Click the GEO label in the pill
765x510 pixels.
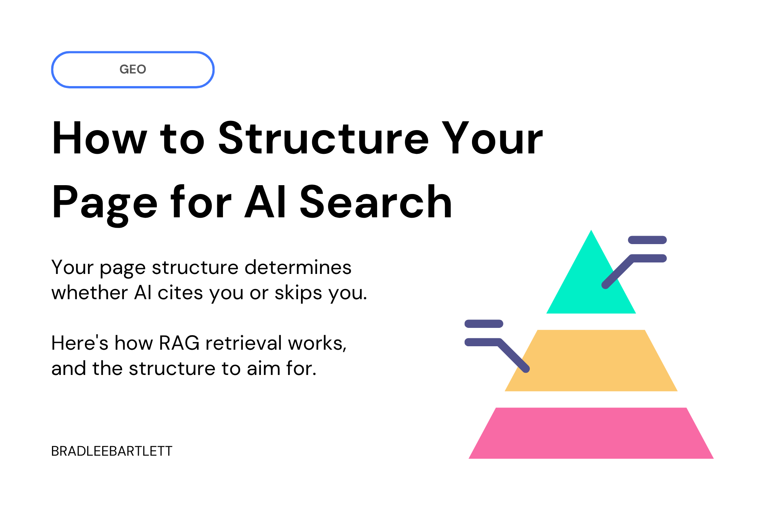tap(133, 69)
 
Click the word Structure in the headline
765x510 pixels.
tap(323, 138)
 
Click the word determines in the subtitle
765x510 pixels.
tap(298, 267)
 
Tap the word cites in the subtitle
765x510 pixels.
tap(180, 293)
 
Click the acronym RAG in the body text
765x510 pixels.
tap(179, 343)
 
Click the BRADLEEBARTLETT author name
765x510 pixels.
tap(112, 451)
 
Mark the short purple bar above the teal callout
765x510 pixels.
tap(647, 240)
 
